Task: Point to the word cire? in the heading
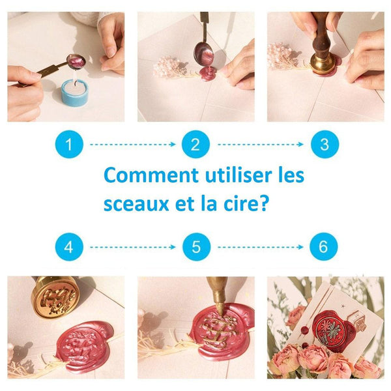(246, 204)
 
